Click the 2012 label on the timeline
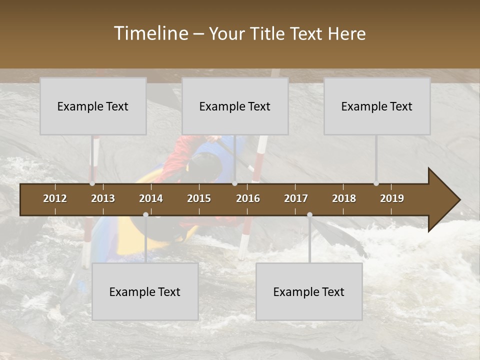tap(55, 198)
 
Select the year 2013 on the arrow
tap(103, 198)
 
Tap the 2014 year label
tap(151, 198)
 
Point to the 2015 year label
tap(199, 198)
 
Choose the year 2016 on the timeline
tap(248, 198)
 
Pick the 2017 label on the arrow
tap(296, 198)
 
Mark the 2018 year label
tap(344, 198)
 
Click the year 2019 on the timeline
tap(392, 198)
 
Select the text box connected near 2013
tap(93, 106)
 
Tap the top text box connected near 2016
tap(235, 106)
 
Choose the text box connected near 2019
tap(377, 106)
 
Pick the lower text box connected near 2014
tap(145, 291)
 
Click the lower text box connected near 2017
tap(309, 291)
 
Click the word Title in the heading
tap(269, 33)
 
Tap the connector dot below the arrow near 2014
tap(145, 215)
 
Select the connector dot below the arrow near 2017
tap(309, 215)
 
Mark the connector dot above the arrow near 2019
tap(376, 183)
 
